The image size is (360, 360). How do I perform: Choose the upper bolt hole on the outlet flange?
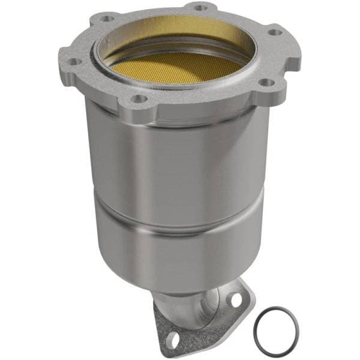(x=235, y=298)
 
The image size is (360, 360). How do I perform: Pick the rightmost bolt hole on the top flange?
(x=274, y=32)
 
